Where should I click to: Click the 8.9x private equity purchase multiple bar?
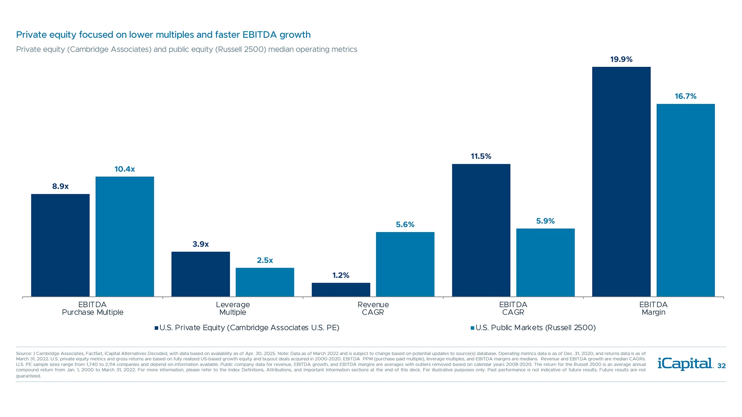[60, 245]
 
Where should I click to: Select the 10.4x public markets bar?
[124, 236]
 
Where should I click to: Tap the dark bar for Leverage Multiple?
[201, 274]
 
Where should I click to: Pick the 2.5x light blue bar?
[265, 282]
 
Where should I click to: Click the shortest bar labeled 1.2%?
[341, 290]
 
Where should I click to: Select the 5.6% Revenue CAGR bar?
[405, 264]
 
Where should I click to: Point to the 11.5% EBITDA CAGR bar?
[481, 230]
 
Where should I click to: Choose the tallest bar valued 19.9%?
[621, 181]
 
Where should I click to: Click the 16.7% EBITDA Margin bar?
[686, 200]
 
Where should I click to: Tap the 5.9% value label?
[545, 221]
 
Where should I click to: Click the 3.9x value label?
[201, 244]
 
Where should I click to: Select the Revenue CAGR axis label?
[373, 308]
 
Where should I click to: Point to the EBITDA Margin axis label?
[653, 308]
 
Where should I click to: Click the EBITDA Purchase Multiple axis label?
[92, 308]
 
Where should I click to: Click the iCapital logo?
[685, 364]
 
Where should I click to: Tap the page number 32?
[721, 366]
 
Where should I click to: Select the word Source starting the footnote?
[24, 354]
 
